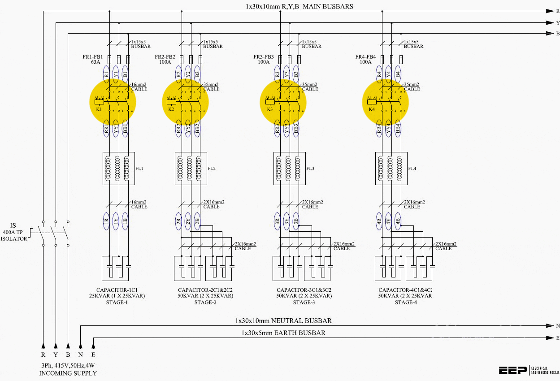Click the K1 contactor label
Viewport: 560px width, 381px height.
pos(99,109)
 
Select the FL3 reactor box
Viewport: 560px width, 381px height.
pos(290,169)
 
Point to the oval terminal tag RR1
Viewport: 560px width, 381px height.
pos(106,129)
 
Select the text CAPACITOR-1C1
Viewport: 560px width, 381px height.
pos(117,290)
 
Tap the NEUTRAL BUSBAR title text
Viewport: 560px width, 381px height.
pos(283,321)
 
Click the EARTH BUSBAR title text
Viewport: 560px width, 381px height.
pos(283,333)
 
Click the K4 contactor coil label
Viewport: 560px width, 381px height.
pos(372,109)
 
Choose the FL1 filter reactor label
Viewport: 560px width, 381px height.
pos(140,169)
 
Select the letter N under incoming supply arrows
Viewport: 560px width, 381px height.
pos(81,355)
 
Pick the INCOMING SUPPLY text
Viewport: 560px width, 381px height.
pos(68,373)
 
